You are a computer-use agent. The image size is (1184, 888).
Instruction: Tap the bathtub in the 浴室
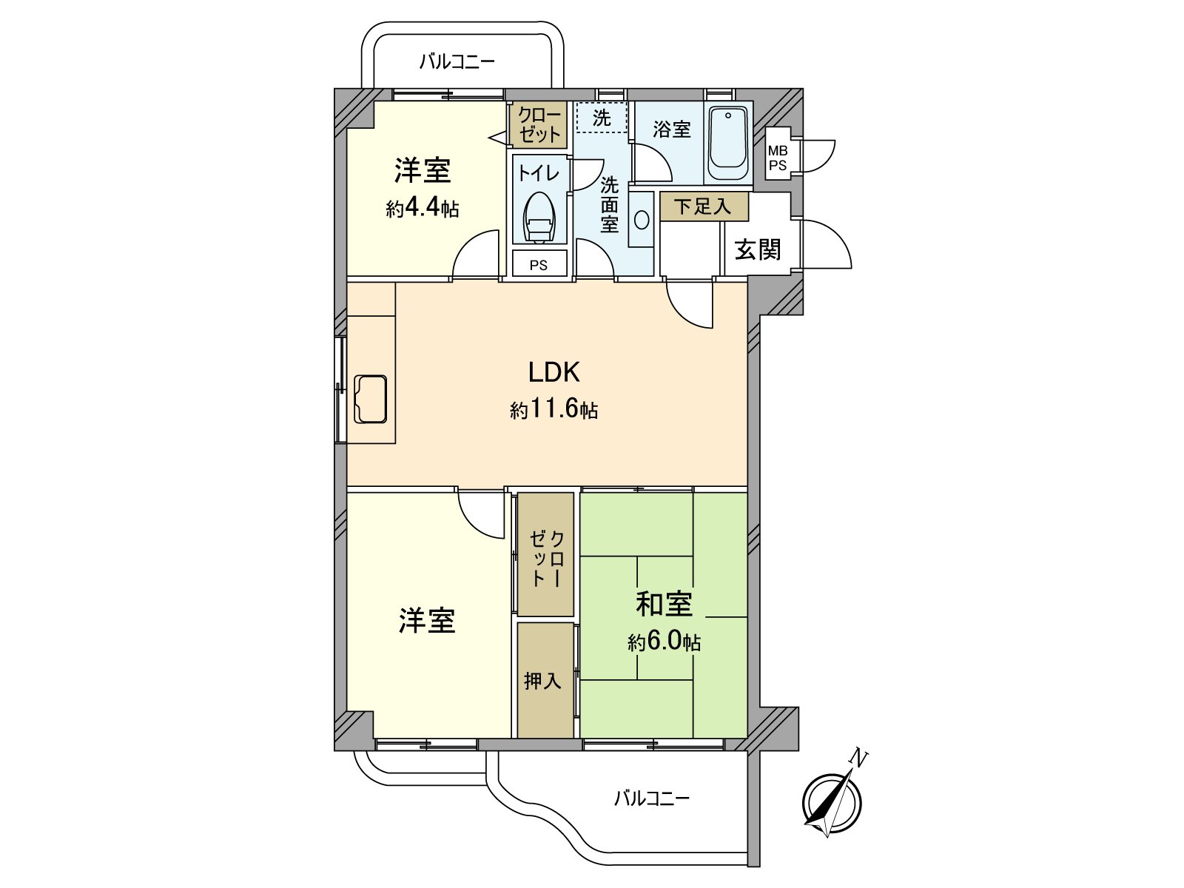(x=728, y=143)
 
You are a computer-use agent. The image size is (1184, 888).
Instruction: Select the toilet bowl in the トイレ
(x=539, y=217)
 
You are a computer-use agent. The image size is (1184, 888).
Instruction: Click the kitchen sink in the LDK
(x=371, y=399)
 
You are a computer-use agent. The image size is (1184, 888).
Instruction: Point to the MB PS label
(x=778, y=158)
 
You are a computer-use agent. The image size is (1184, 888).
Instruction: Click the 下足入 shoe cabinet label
(x=703, y=206)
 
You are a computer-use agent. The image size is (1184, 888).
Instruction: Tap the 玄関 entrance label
(x=758, y=249)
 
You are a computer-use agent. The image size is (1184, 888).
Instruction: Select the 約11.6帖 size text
(x=554, y=408)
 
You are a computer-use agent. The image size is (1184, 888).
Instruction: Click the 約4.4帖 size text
(x=423, y=208)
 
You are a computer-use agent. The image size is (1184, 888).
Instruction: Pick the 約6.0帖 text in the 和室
(x=664, y=642)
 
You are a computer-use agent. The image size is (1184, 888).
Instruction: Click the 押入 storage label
(x=543, y=681)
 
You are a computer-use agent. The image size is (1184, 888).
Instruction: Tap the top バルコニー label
(x=457, y=61)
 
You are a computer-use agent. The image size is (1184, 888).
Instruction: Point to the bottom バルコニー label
(x=651, y=798)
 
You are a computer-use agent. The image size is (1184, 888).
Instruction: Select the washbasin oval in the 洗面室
(x=642, y=220)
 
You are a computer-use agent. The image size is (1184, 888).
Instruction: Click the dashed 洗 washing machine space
(x=601, y=118)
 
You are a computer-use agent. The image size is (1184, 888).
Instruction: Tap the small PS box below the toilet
(x=539, y=264)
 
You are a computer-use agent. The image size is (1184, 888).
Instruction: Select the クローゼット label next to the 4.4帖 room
(x=539, y=125)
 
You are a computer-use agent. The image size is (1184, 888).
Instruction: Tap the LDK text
(x=554, y=372)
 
